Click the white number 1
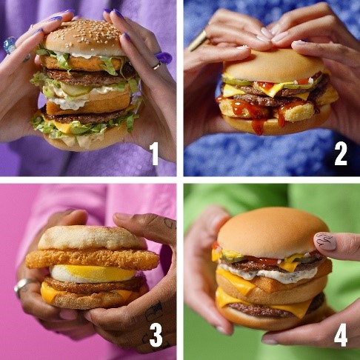coord(155,154)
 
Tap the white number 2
coord(341,154)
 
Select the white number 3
coord(156,335)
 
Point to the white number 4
coord(341,335)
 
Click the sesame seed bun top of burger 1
coord(84,39)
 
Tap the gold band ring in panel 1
coord(157,66)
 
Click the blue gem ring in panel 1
coord(10,45)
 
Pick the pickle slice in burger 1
coord(74,90)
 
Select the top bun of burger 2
coord(273,64)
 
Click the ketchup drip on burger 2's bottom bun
coord(258,127)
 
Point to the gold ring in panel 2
coord(198,41)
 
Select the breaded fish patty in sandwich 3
coord(93,259)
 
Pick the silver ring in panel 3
coord(23,287)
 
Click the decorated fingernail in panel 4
coord(325,241)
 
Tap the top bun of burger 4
coord(272,232)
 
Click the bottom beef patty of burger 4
coord(274,309)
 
